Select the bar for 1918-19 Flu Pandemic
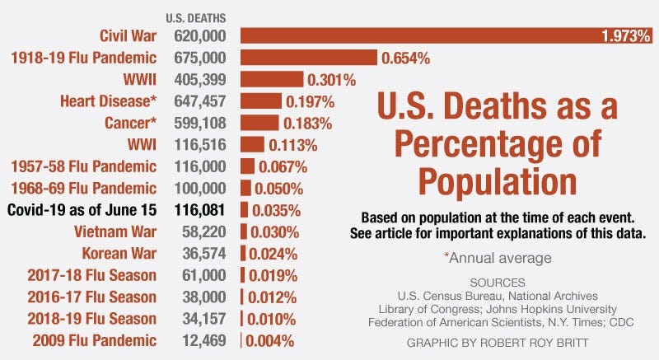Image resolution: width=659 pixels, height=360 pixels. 309,58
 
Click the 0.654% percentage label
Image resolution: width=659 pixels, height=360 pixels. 405,58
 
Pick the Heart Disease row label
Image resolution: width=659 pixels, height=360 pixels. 108,101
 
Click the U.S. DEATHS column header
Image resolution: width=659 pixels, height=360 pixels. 196,16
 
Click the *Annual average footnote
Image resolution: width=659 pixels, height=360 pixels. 497,258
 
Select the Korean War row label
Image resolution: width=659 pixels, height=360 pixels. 119,252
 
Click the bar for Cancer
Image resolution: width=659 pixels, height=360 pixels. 259,123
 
